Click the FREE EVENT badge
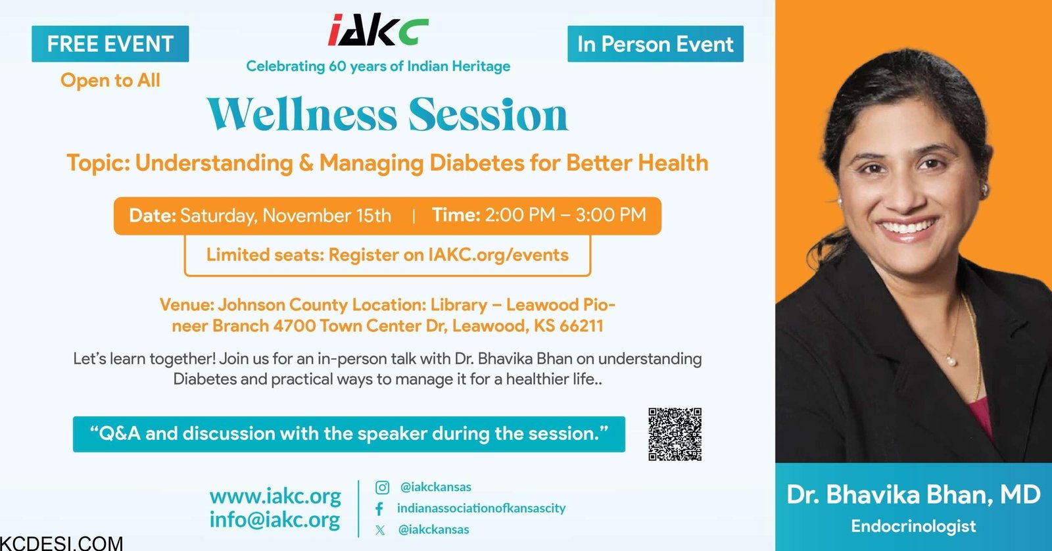pos(110,43)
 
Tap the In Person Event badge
pos(655,43)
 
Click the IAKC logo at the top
pos(378,30)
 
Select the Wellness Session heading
pos(387,114)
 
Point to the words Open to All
pos(110,80)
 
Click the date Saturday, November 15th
pos(285,216)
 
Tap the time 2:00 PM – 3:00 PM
pos(565,214)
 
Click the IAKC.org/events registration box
pos(387,255)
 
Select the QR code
pos(675,434)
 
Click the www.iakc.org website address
pos(275,496)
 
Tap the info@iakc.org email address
pos(275,519)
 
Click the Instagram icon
pos(382,488)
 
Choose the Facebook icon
pos(379,509)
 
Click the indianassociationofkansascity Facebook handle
pos(481,508)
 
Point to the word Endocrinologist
pos(913,526)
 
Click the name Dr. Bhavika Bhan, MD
pos(913,494)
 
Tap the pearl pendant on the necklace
pos(951,360)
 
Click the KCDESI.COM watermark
pos(62,544)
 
